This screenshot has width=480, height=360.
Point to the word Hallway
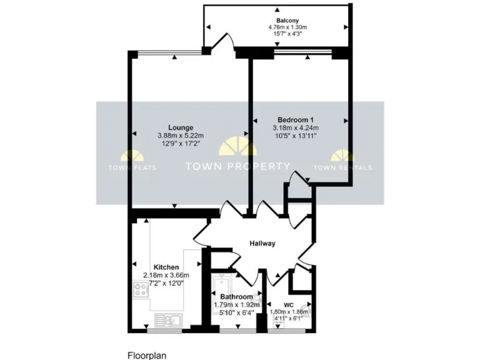[262, 243]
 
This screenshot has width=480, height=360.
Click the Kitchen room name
[166, 267]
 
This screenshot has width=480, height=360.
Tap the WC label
[288, 304]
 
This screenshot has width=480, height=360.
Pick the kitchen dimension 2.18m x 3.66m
[166, 275]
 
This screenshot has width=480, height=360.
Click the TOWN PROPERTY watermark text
[238, 167]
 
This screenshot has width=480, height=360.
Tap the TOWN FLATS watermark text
[132, 167]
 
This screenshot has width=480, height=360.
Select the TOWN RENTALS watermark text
[342, 167]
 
